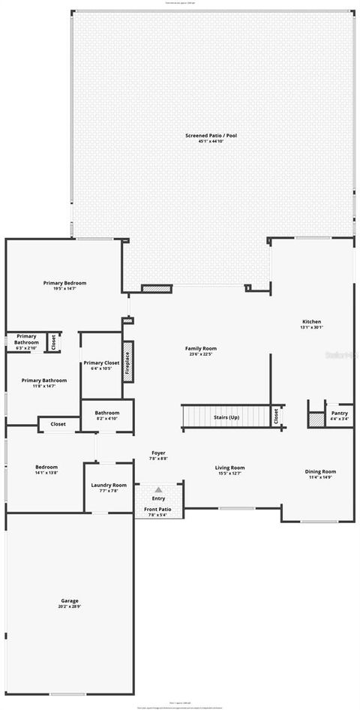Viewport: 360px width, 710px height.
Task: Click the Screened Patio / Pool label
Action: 211,136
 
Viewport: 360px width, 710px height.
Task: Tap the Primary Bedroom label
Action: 64,283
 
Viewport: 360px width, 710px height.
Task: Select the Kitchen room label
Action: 311,322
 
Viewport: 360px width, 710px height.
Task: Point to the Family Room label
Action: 201,348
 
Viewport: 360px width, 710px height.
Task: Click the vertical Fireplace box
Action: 127,362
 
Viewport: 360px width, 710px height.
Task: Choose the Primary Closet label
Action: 101,363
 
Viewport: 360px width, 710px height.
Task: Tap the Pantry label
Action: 339,413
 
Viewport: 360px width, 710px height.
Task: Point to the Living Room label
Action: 230,468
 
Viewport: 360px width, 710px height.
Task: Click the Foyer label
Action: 159,453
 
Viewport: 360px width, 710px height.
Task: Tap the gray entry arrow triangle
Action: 158,489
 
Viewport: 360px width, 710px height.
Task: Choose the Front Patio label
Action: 157,510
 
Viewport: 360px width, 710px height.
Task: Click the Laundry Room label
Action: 109,486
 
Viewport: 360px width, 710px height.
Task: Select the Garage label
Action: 70,600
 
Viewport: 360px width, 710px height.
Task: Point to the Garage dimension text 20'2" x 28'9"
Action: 70,606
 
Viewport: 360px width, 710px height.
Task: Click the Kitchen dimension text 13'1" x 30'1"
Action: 311,327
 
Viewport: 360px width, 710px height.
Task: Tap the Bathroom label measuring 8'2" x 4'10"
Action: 107,412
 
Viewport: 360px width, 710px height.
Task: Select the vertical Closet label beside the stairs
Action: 276,415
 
